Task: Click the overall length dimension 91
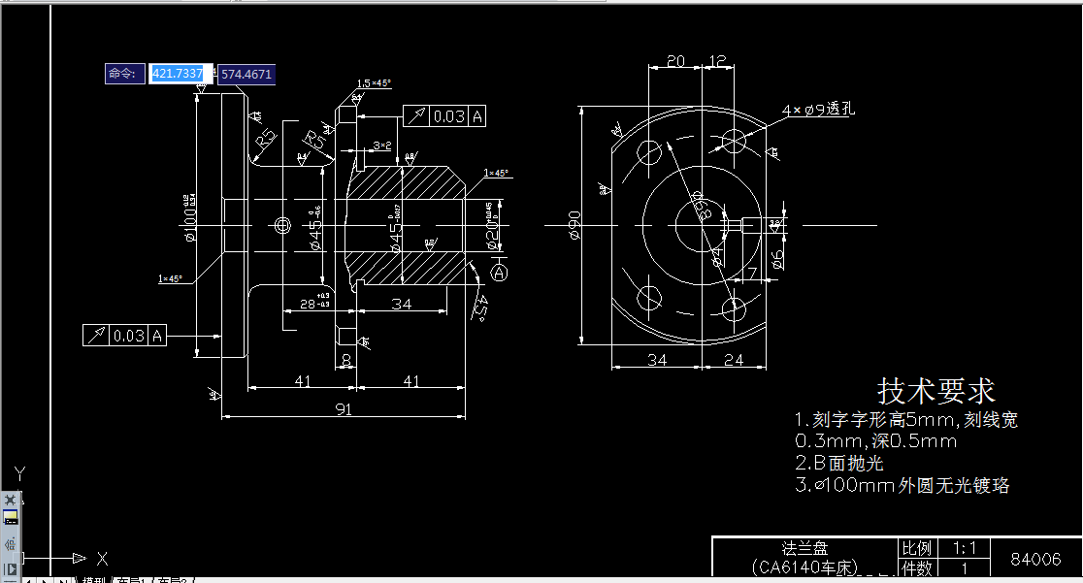coord(343,409)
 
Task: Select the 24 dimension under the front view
coord(734,360)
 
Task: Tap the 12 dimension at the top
coord(718,61)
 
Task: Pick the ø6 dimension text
coord(777,258)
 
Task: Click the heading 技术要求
coord(935,391)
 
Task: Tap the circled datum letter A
coord(500,274)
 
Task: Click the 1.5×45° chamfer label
coord(374,83)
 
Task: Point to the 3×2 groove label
coord(381,146)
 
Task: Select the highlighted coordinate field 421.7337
coord(179,74)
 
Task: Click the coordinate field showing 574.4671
coord(246,74)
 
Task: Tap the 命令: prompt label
coord(125,74)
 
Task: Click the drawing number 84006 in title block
coord(1035,560)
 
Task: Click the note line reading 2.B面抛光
coord(838,463)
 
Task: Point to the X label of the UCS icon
coord(101,559)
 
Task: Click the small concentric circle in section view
coord(282,225)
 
